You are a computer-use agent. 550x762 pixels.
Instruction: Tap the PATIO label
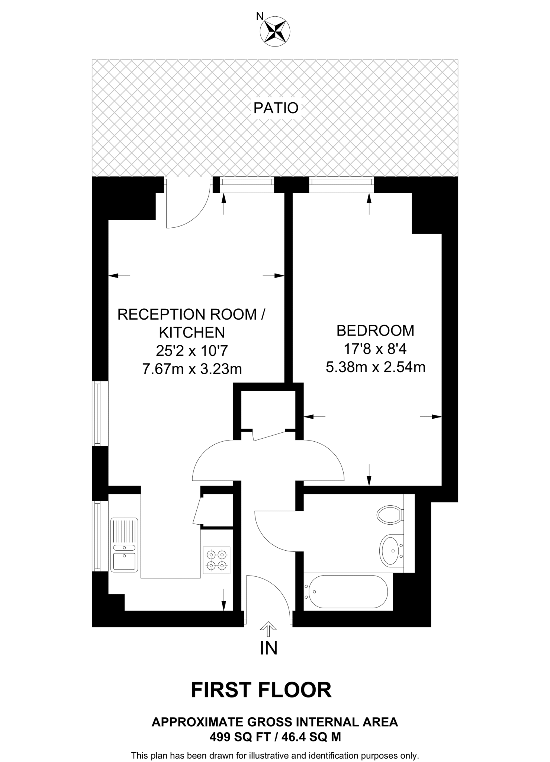point(276,108)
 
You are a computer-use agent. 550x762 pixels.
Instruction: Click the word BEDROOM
point(375,330)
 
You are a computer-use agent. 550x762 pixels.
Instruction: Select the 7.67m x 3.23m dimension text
point(192,369)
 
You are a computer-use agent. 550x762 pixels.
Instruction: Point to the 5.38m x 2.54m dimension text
point(375,367)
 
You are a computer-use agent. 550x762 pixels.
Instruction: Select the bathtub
point(346,592)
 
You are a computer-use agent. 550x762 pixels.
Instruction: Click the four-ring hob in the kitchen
point(216,560)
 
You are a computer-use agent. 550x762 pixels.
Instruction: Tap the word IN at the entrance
point(268,648)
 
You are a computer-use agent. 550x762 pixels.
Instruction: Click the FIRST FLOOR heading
point(261,690)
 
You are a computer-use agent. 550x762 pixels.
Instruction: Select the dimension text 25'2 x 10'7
point(192,350)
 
